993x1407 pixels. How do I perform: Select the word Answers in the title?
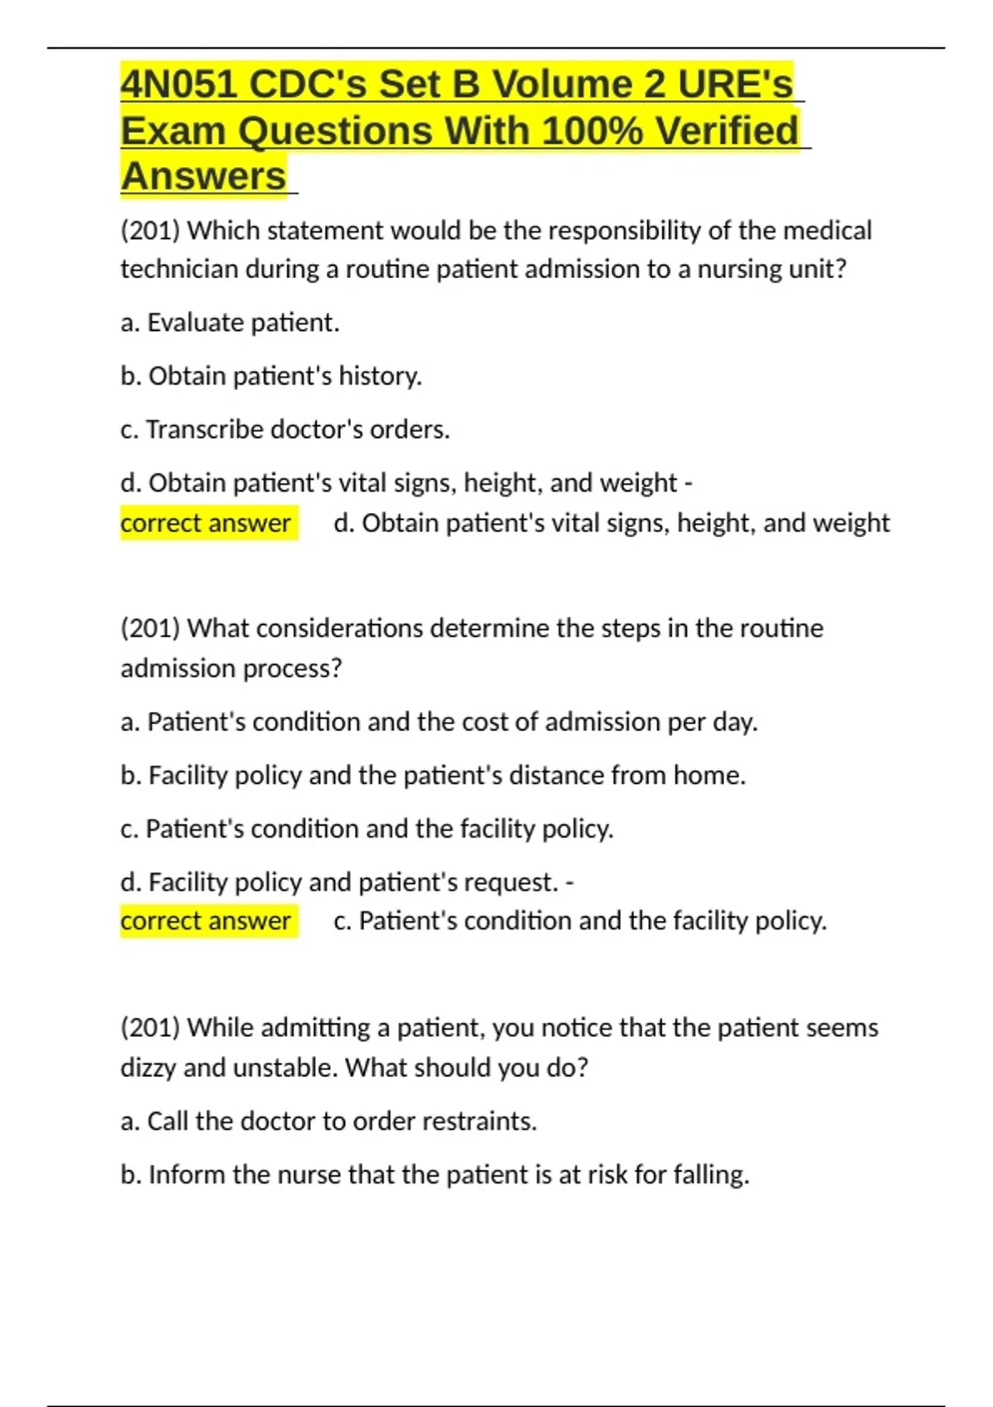(204, 176)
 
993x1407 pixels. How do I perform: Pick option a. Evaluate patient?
(230, 322)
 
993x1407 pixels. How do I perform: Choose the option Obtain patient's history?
(271, 376)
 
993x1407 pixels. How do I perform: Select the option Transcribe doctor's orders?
(285, 430)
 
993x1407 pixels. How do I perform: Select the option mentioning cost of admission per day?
(439, 722)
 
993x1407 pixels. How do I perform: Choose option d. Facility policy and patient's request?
(347, 882)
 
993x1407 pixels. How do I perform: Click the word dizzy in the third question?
(148, 1068)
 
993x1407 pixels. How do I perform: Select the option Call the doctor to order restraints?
(329, 1121)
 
